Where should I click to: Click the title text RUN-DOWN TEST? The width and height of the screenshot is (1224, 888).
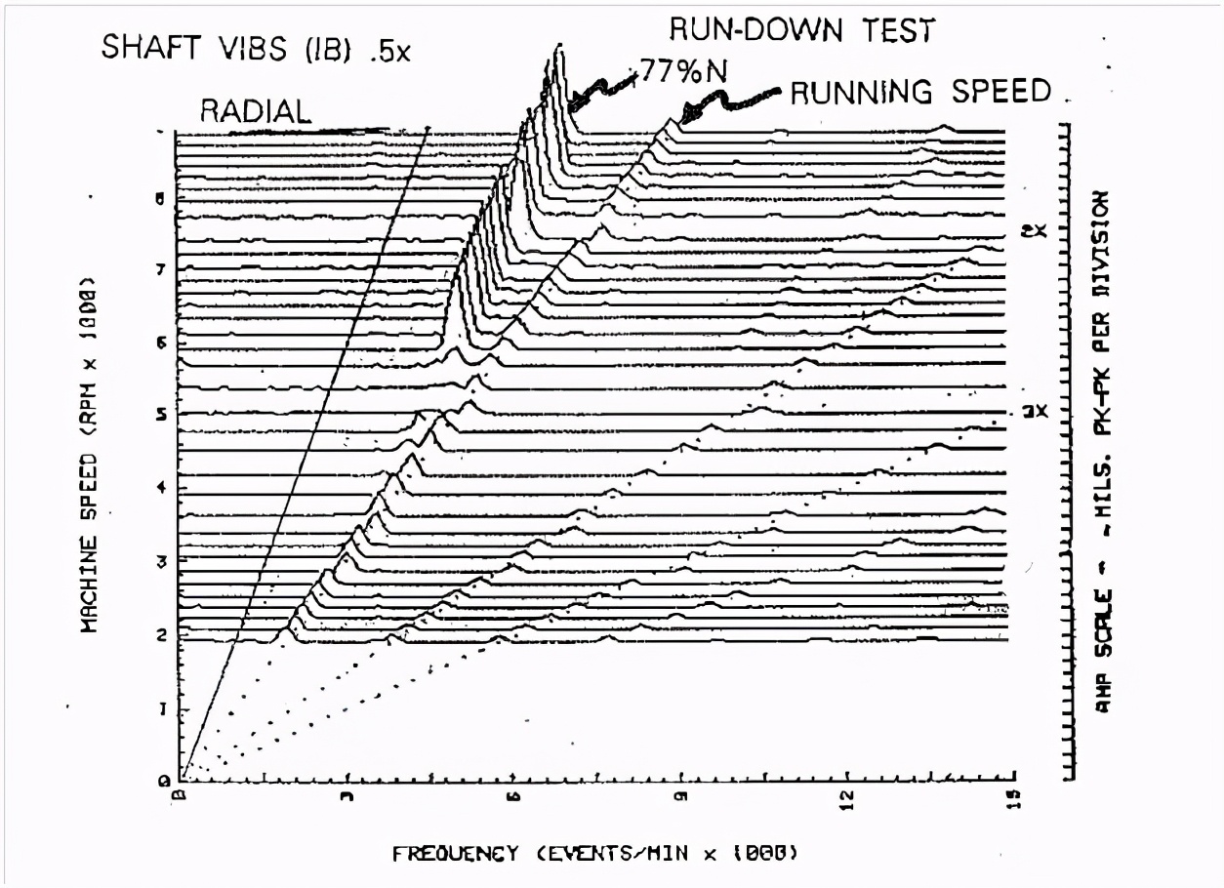pos(801,30)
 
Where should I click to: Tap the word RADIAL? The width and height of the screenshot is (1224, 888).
pos(255,111)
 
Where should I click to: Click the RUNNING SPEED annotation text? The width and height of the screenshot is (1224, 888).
pos(920,92)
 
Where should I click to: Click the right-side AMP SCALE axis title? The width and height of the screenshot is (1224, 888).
pos(1102,448)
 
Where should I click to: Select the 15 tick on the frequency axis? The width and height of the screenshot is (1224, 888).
pos(1012,799)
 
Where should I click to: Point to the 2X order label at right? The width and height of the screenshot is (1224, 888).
pos(1039,231)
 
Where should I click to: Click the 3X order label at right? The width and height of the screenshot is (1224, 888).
pos(1039,411)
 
